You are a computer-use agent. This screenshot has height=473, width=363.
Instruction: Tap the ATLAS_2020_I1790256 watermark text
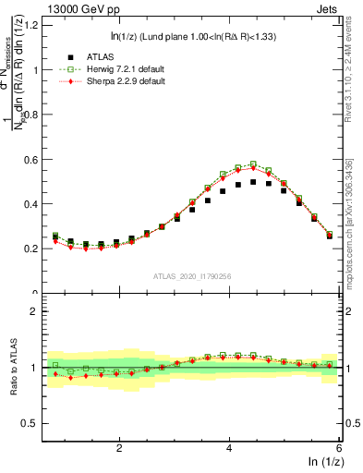[x=190, y=276]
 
